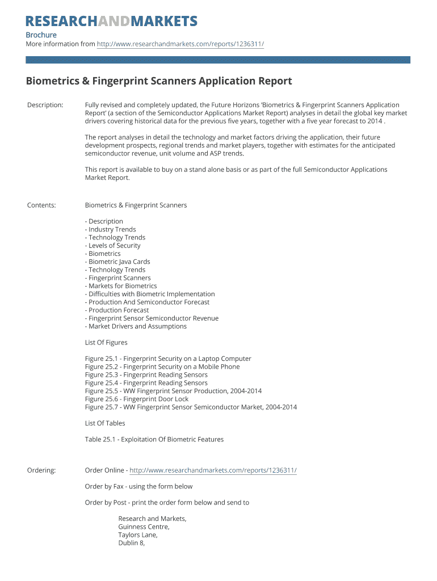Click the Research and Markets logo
click(x=112, y=22)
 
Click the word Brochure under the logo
click(x=41, y=35)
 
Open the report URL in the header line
click(x=180, y=44)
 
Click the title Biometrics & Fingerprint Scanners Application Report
click(x=159, y=81)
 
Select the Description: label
click(x=45, y=105)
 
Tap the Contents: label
click(x=41, y=205)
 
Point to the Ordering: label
click(x=41, y=470)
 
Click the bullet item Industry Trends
click(x=111, y=230)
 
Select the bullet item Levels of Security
click(x=114, y=246)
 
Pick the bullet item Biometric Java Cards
click(x=118, y=262)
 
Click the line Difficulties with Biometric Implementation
click(x=150, y=294)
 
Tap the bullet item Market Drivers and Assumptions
click(x=136, y=327)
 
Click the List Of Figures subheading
click(x=106, y=343)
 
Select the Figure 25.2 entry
click(x=162, y=367)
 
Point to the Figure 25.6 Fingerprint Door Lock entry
click(x=137, y=399)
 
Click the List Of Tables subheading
click(x=105, y=423)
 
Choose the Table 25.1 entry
click(x=154, y=440)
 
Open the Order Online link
click(x=213, y=470)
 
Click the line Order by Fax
click(x=138, y=486)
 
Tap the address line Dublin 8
click(x=132, y=543)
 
